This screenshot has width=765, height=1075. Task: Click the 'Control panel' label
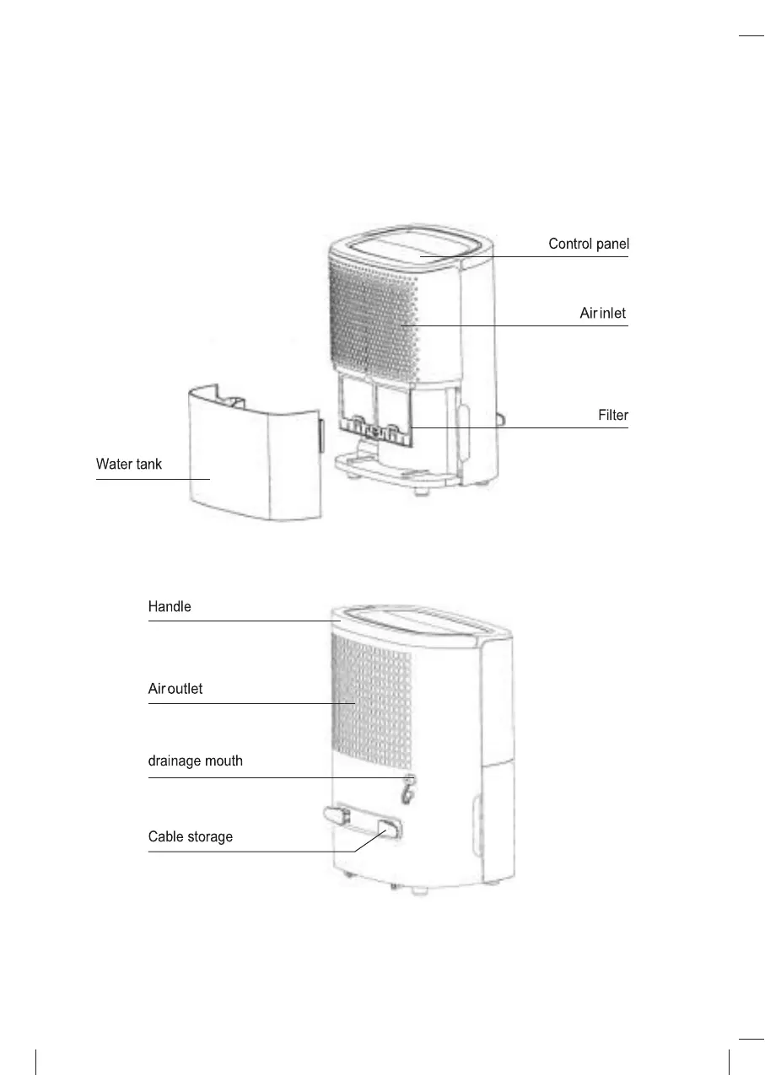coord(588,245)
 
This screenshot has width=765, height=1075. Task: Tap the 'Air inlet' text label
coord(602,314)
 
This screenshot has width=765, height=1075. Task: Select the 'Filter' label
coord(612,416)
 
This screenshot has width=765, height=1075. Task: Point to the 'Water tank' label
coord(128,465)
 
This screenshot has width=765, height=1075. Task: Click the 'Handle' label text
coord(170,606)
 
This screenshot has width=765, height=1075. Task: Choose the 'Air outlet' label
coord(175,689)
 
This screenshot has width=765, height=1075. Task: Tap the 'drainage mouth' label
coord(195,761)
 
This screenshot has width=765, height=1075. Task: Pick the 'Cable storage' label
coord(190,837)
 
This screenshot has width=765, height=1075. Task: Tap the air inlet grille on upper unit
coord(371,312)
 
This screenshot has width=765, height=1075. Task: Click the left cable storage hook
coord(337,814)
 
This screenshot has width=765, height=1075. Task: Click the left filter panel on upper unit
coord(355,405)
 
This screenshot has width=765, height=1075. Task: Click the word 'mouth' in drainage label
coord(224,761)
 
